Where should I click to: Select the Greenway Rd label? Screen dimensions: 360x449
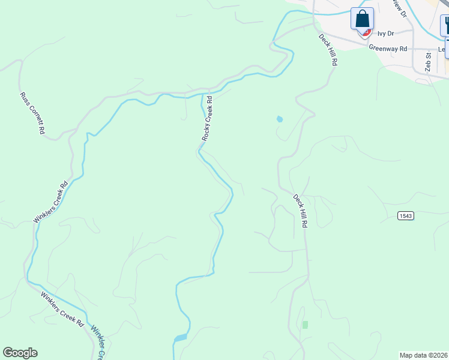[x=388, y=48]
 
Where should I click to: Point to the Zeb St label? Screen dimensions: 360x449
[x=429, y=62]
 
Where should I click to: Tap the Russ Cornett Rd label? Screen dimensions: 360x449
[x=32, y=113]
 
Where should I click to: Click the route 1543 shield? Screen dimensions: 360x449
[x=405, y=215]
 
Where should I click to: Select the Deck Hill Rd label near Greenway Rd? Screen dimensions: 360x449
[x=328, y=49]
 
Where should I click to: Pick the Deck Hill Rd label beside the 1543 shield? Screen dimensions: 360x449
[x=301, y=210]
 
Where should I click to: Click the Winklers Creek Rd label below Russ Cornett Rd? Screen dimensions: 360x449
[x=51, y=202]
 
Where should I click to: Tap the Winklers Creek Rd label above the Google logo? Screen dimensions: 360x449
[x=62, y=309]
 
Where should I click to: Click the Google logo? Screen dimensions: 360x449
[x=20, y=353]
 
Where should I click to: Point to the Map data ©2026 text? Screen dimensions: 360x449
[x=423, y=355]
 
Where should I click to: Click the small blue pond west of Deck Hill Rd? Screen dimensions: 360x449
[x=279, y=119]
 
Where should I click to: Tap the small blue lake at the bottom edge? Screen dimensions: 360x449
[x=181, y=338]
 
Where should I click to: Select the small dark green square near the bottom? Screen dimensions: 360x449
[x=305, y=325]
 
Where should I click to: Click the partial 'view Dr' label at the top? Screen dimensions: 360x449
[x=399, y=8]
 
